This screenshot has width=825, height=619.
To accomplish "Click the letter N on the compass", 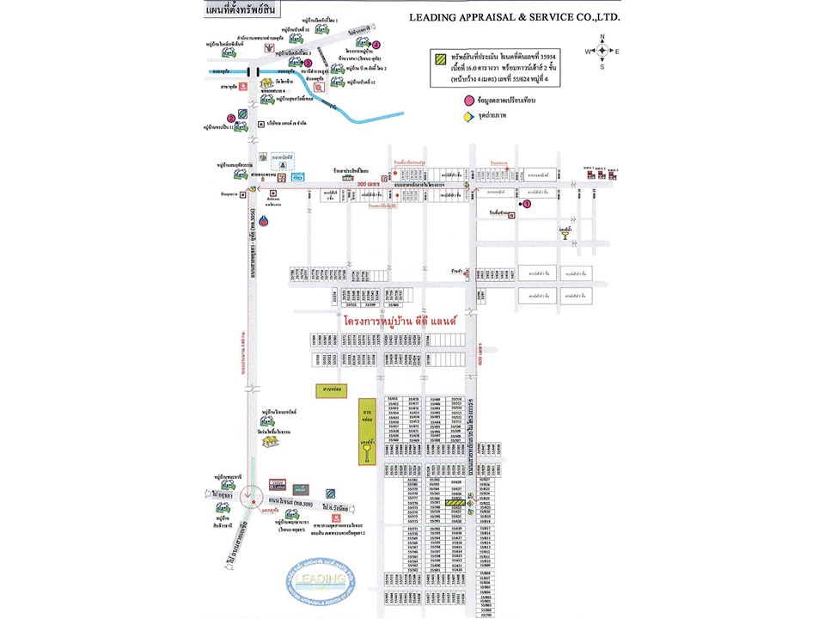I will point(602,37).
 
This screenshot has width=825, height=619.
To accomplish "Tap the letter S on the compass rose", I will point(602,66).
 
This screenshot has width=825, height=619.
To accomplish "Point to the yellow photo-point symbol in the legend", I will point(468,116).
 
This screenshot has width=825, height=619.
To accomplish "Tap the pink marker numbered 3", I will point(307,62).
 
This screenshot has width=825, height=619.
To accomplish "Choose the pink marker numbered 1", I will point(527,204).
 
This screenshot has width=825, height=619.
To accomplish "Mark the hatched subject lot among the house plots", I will point(443,503).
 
